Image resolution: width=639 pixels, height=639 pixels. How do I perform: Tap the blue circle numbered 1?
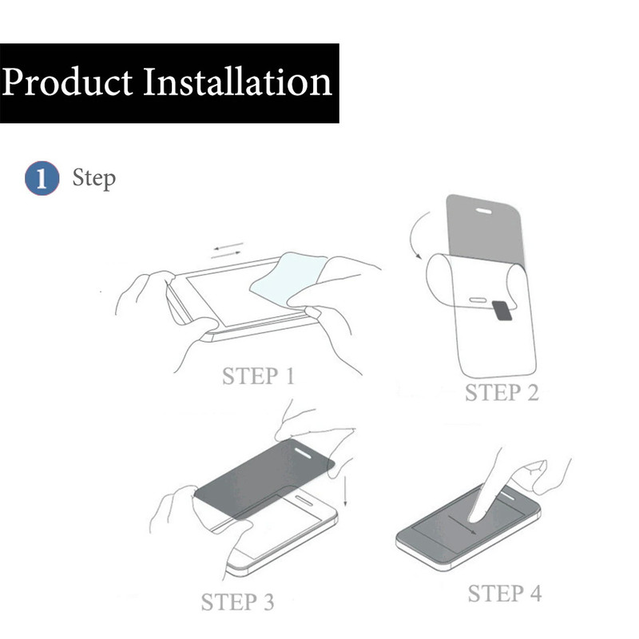click(x=42, y=178)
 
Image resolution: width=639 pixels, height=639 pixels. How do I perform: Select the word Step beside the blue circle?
click(x=94, y=178)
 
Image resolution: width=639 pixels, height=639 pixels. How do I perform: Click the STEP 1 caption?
click(x=258, y=375)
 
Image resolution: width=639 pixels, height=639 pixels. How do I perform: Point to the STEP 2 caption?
click(x=502, y=393)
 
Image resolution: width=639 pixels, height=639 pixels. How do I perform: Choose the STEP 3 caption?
click(x=237, y=602)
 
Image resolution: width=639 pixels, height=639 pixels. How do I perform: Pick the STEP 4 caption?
click(x=505, y=593)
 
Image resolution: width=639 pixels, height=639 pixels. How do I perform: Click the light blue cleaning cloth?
click(x=288, y=279)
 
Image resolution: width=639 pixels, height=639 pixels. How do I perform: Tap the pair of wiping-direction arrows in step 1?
click(x=227, y=250)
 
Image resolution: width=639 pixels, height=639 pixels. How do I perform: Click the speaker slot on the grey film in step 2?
click(x=484, y=211)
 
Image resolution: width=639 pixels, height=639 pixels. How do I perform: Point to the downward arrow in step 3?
click(x=345, y=491)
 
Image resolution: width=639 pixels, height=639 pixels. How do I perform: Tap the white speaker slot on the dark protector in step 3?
click(x=303, y=454)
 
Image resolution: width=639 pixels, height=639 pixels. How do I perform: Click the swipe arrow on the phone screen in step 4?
click(x=462, y=525)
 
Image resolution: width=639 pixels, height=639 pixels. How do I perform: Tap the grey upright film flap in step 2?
click(x=485, y=229)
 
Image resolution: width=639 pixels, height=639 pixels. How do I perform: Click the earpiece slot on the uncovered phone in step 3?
click(x=304, y=501)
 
